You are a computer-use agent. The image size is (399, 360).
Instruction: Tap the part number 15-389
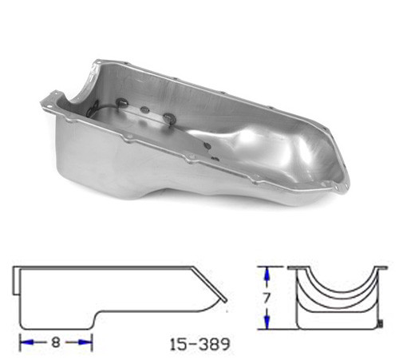(200, 345)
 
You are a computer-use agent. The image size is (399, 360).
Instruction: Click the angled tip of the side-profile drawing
(225, 301)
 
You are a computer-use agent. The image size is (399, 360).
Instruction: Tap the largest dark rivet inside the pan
(169, 120)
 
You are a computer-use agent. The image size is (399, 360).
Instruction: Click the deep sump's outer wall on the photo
(96, 160)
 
